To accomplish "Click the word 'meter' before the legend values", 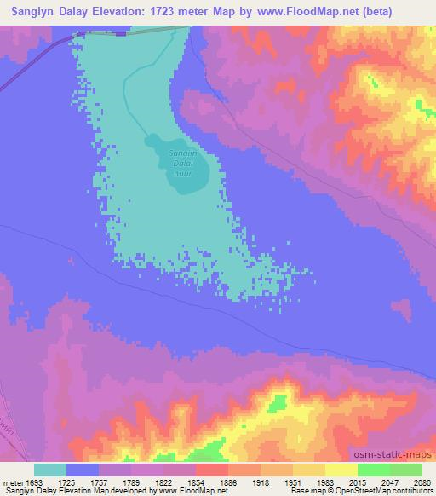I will (x=12, y=482).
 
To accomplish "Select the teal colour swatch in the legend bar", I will (x=50, y=470).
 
